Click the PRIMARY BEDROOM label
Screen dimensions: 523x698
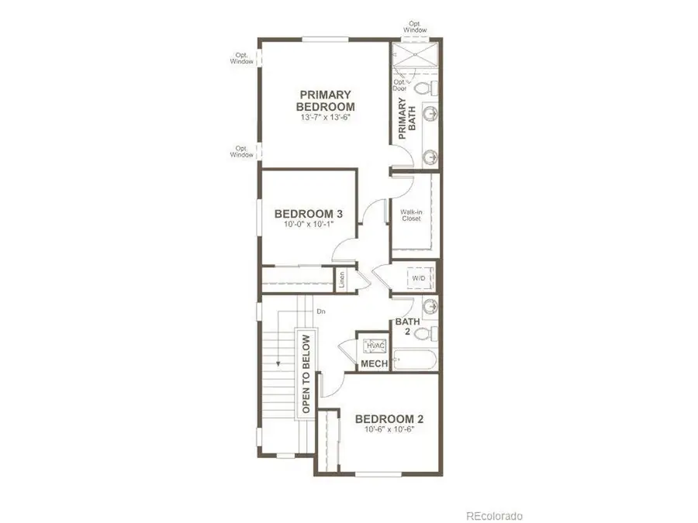coord(327,101)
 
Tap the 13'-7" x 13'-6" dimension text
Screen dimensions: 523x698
coord(327,119)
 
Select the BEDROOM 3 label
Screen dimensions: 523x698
coord(309,214)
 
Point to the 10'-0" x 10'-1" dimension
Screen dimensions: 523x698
coord(309,225)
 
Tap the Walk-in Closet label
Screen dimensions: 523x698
coord(410,215)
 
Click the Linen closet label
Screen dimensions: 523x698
coord(342,280)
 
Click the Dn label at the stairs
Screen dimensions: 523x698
coord(320,311)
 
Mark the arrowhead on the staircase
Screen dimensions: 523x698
coord(276,363)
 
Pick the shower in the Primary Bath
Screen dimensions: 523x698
coord(414,58)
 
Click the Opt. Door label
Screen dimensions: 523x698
coord(400,85)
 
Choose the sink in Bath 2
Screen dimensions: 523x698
coord(430,305)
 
